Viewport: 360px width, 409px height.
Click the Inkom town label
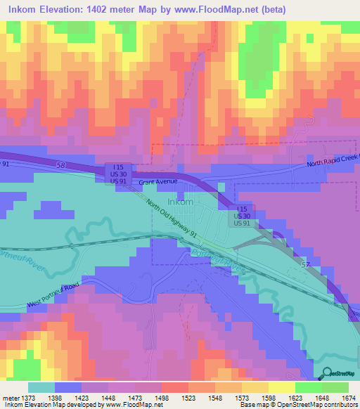point(181,202)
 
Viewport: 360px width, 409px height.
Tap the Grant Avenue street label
point(155,182)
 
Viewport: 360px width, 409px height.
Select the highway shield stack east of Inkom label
point(242,216)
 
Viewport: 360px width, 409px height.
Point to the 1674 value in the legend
point(341,398)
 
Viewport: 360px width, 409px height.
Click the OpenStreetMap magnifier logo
point(326,374)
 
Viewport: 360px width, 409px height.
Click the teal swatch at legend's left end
point(41,387)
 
